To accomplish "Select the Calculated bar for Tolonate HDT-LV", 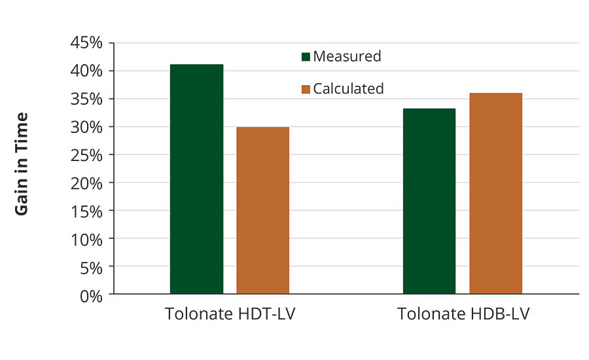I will [262, 210].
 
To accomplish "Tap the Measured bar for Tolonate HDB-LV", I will [429, 201].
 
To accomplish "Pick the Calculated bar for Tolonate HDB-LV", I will [495, 193].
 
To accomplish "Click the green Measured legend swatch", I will [306, 57].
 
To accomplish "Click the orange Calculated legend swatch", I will [306, 89].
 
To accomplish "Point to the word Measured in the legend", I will [347, 56].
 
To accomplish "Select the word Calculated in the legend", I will [348, 88].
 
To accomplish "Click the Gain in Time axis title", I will [22, 164].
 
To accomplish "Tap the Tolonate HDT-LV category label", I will [230, 314].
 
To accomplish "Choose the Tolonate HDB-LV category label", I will [463, 314].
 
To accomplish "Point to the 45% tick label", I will [86, 43].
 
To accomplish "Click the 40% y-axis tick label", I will [86, 71].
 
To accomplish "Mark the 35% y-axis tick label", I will [86, 99].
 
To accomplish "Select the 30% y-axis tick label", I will [86, 127].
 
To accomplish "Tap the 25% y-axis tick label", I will [86, 155].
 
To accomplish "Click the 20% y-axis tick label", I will [86, 183].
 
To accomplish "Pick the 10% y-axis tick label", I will [86, 240].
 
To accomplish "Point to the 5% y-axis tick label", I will [90, 268].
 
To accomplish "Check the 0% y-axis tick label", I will [90, 295].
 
